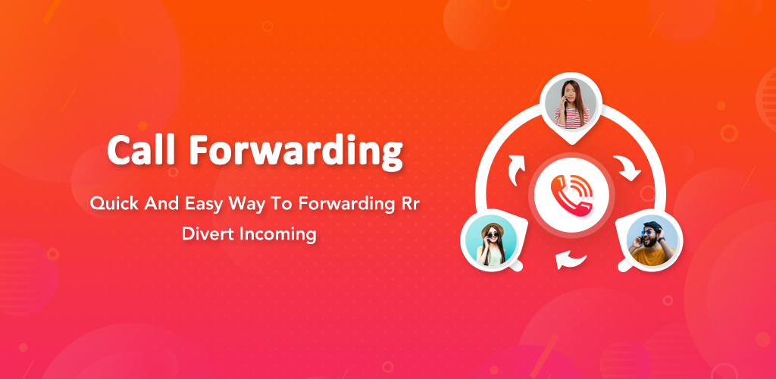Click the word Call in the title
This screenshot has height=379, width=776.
tap(141, 149)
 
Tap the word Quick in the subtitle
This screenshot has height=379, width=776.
tap(114, 204)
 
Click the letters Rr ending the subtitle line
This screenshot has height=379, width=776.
tap(408, 204)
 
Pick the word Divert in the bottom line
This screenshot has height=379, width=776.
tap(208, 233)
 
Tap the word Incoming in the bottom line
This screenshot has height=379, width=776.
tap(277, 234)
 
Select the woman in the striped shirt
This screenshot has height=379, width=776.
tap(571, 105)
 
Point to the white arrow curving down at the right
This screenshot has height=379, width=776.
tap(627, 168)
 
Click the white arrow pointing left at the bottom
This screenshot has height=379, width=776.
tap(570, 258)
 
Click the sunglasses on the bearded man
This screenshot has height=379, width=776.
tap(649, 232)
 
